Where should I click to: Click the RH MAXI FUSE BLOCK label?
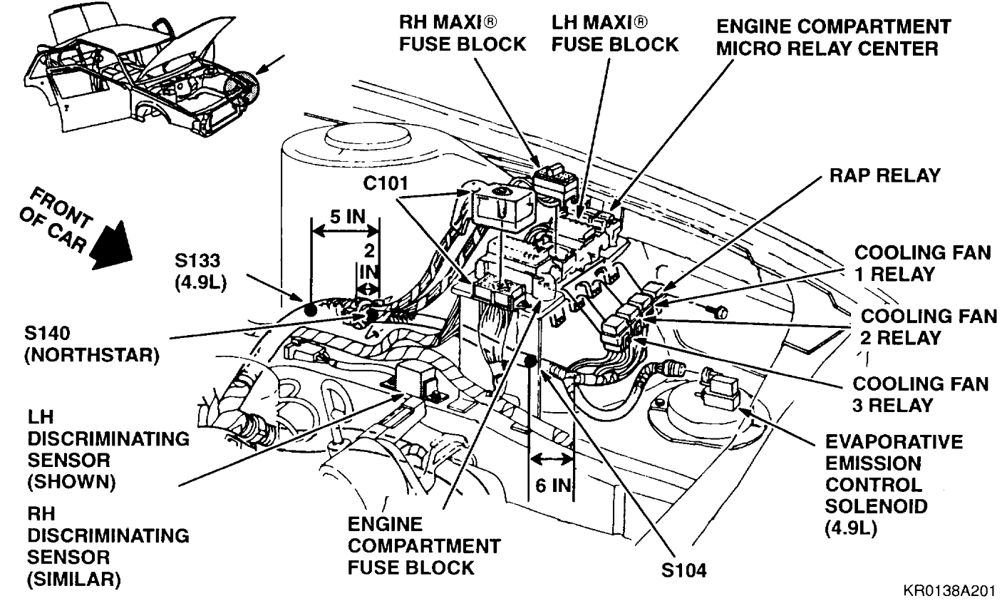(462, 34)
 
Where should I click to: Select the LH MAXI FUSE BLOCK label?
(614, 34)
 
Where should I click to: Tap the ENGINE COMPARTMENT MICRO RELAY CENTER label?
(832, 38)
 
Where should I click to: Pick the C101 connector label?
(385, 184)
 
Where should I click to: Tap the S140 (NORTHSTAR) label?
(91, 343)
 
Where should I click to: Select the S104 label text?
(682, 571)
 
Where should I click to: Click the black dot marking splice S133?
(310, 310)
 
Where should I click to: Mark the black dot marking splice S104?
(530, 362)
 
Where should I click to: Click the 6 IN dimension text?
(554, 486)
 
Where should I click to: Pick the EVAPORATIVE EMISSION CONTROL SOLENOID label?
(894, 485)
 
